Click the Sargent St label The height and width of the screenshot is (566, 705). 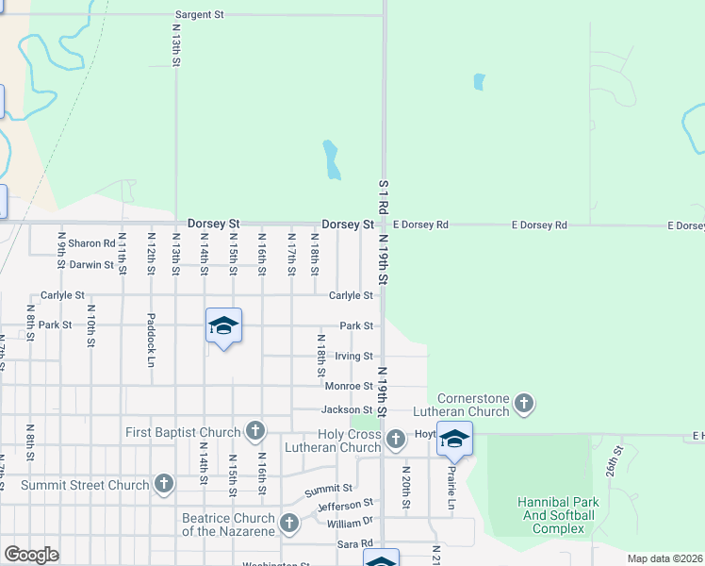coord(199,15)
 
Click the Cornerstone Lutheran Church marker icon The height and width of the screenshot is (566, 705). coord(524,405)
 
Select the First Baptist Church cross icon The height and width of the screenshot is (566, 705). coord(254,432)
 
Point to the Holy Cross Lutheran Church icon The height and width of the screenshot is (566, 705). coord(396,439)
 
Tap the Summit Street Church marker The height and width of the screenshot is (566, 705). coord(164,485)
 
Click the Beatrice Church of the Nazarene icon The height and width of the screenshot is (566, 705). coord(289,523)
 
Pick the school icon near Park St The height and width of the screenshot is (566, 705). coord(223,326)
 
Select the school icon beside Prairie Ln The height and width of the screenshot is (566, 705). coord(454,440)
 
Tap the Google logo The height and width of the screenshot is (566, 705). coord(31,555)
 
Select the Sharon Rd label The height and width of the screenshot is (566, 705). coord(91,243)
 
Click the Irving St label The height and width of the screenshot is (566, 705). coord(354,356)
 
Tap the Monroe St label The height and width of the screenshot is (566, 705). coord(349,386)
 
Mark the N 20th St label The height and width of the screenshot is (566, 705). coord(405,487)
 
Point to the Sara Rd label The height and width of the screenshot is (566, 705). coord(355,543)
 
